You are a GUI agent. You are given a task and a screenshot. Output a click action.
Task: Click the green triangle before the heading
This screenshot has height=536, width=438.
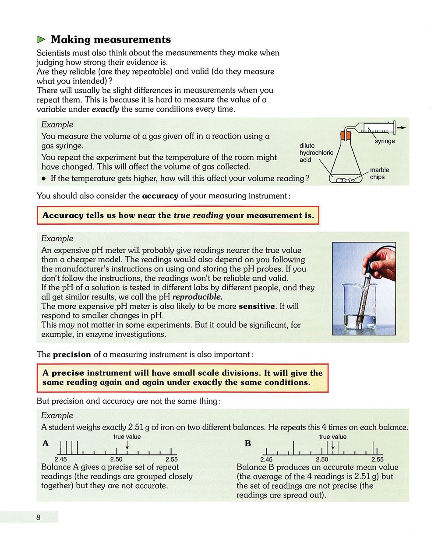pos(42,40)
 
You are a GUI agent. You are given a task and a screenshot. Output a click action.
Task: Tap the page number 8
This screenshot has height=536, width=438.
pos(39,517)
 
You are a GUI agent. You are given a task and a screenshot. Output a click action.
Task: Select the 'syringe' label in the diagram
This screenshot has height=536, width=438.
pos(385,141)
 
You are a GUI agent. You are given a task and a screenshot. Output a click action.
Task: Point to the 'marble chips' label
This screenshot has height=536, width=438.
pos(379,173)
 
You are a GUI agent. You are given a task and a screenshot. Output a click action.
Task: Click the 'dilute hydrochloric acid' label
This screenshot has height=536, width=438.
pos(316,153)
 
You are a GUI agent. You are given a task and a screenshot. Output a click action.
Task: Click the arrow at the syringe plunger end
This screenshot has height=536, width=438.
pos(402,127)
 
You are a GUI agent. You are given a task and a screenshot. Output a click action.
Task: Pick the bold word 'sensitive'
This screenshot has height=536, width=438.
pos(257,307)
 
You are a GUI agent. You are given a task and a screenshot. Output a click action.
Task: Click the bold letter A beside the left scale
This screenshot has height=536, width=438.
pos(46,444)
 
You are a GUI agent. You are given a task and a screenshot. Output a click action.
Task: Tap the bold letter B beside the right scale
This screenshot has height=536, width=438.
pos(248,444)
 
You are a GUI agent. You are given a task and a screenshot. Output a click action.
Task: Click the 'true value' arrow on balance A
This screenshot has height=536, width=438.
pos(127,444)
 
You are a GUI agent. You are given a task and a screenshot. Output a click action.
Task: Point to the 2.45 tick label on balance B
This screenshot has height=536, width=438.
pos(266,459)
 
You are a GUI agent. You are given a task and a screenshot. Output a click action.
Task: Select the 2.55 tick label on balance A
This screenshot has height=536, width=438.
pos(172,459)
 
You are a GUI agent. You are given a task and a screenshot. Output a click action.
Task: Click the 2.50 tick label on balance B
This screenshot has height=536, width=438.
pos(322,459)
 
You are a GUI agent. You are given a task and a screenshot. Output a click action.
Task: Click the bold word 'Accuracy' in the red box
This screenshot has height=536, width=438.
pos(63,215)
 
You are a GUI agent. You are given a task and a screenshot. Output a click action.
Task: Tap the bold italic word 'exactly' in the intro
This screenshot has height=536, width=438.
pos(105,109)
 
